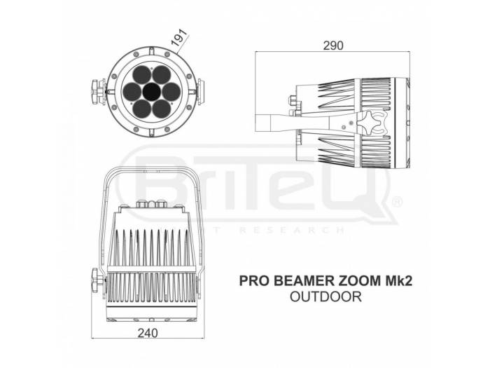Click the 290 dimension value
coord(333,46)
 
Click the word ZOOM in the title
coord(356,281)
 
